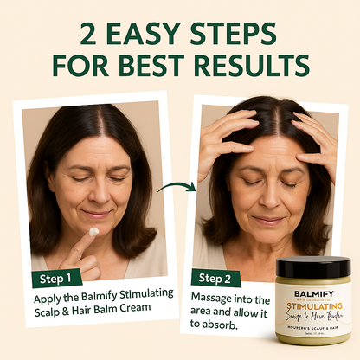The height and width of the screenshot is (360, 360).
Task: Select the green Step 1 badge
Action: pos(57,279)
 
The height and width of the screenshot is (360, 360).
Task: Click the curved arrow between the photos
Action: pos(177,186)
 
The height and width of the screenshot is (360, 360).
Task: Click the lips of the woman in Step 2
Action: pos(267,220)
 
